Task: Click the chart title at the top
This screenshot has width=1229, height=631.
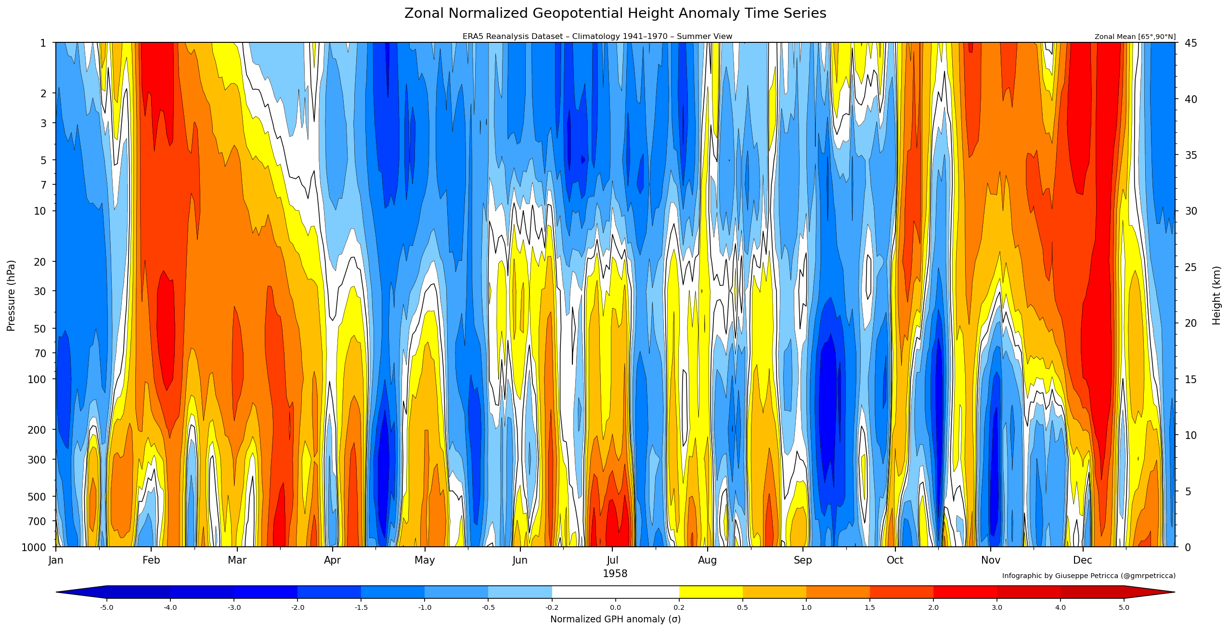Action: point(615,13)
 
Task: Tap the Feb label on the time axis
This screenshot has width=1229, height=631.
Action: point(151,560)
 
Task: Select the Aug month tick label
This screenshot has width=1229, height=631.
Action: point(707,560)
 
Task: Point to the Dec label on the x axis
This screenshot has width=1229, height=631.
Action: point(1082,560)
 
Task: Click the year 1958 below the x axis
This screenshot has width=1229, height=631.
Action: point(615,574)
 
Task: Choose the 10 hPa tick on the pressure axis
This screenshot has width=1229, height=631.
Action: point(40,211)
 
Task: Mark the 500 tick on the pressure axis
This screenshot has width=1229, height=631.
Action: point(37,497)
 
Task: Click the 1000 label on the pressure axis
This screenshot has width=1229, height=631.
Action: point(34,547)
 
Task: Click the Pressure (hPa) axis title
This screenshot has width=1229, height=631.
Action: point(11,296)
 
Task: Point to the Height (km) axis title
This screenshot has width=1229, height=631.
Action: point(1216,296)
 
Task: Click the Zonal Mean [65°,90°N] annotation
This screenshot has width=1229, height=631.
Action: point(1135,37)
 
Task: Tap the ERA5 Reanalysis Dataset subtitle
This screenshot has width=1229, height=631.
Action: point(597,37)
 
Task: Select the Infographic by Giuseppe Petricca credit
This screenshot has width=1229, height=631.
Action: point(1088,576)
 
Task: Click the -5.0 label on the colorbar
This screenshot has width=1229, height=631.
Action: point(106,607)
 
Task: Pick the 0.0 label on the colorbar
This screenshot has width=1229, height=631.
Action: point(615,607)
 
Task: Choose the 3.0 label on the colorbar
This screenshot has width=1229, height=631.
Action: point(996,607)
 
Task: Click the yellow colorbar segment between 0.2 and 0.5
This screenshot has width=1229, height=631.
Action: point(711,592)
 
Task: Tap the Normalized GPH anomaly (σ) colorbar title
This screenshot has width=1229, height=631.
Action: point(615,619)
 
